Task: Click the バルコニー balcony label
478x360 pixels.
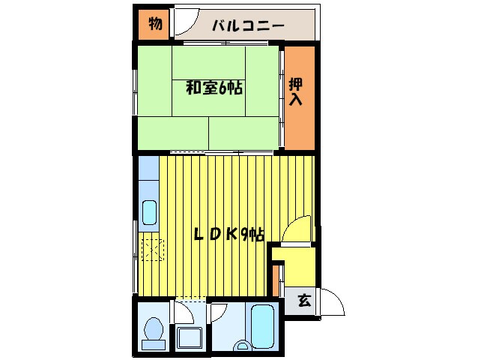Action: pyautogui.click(x=247, y=25)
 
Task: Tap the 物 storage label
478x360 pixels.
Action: pyautogui.click(x=154, y=23)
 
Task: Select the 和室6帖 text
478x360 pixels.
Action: pyautogui.click(x=214, y=88)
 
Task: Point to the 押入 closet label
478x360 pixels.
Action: pyautogui.click(x=297, y=91)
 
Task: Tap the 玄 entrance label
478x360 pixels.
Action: pyautogui.click(x=304, y=301)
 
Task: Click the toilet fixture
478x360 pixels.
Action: pyautogui.click(x=154, y=329)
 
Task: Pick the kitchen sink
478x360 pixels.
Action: pyautogui.click(x=149, y=213)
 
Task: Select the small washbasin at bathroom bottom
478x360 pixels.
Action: pyautogui.click(x=241, y=346)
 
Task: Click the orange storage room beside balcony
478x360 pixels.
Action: pyautogui.click(x=154, y=23)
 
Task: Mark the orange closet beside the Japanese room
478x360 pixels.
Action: pyautogui.click(x=298, y=97)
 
